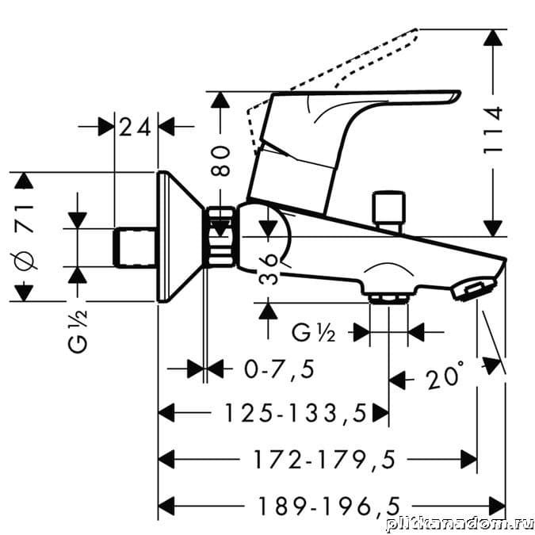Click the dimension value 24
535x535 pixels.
[x=136, y=127]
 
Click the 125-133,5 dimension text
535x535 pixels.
[x=295, y=412]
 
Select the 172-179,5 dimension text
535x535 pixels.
[x=323, y=458]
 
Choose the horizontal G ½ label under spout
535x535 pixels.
[x=315, y=332]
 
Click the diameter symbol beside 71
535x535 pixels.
[x=26, y=260]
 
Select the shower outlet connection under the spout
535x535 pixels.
[x=388, y=297]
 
